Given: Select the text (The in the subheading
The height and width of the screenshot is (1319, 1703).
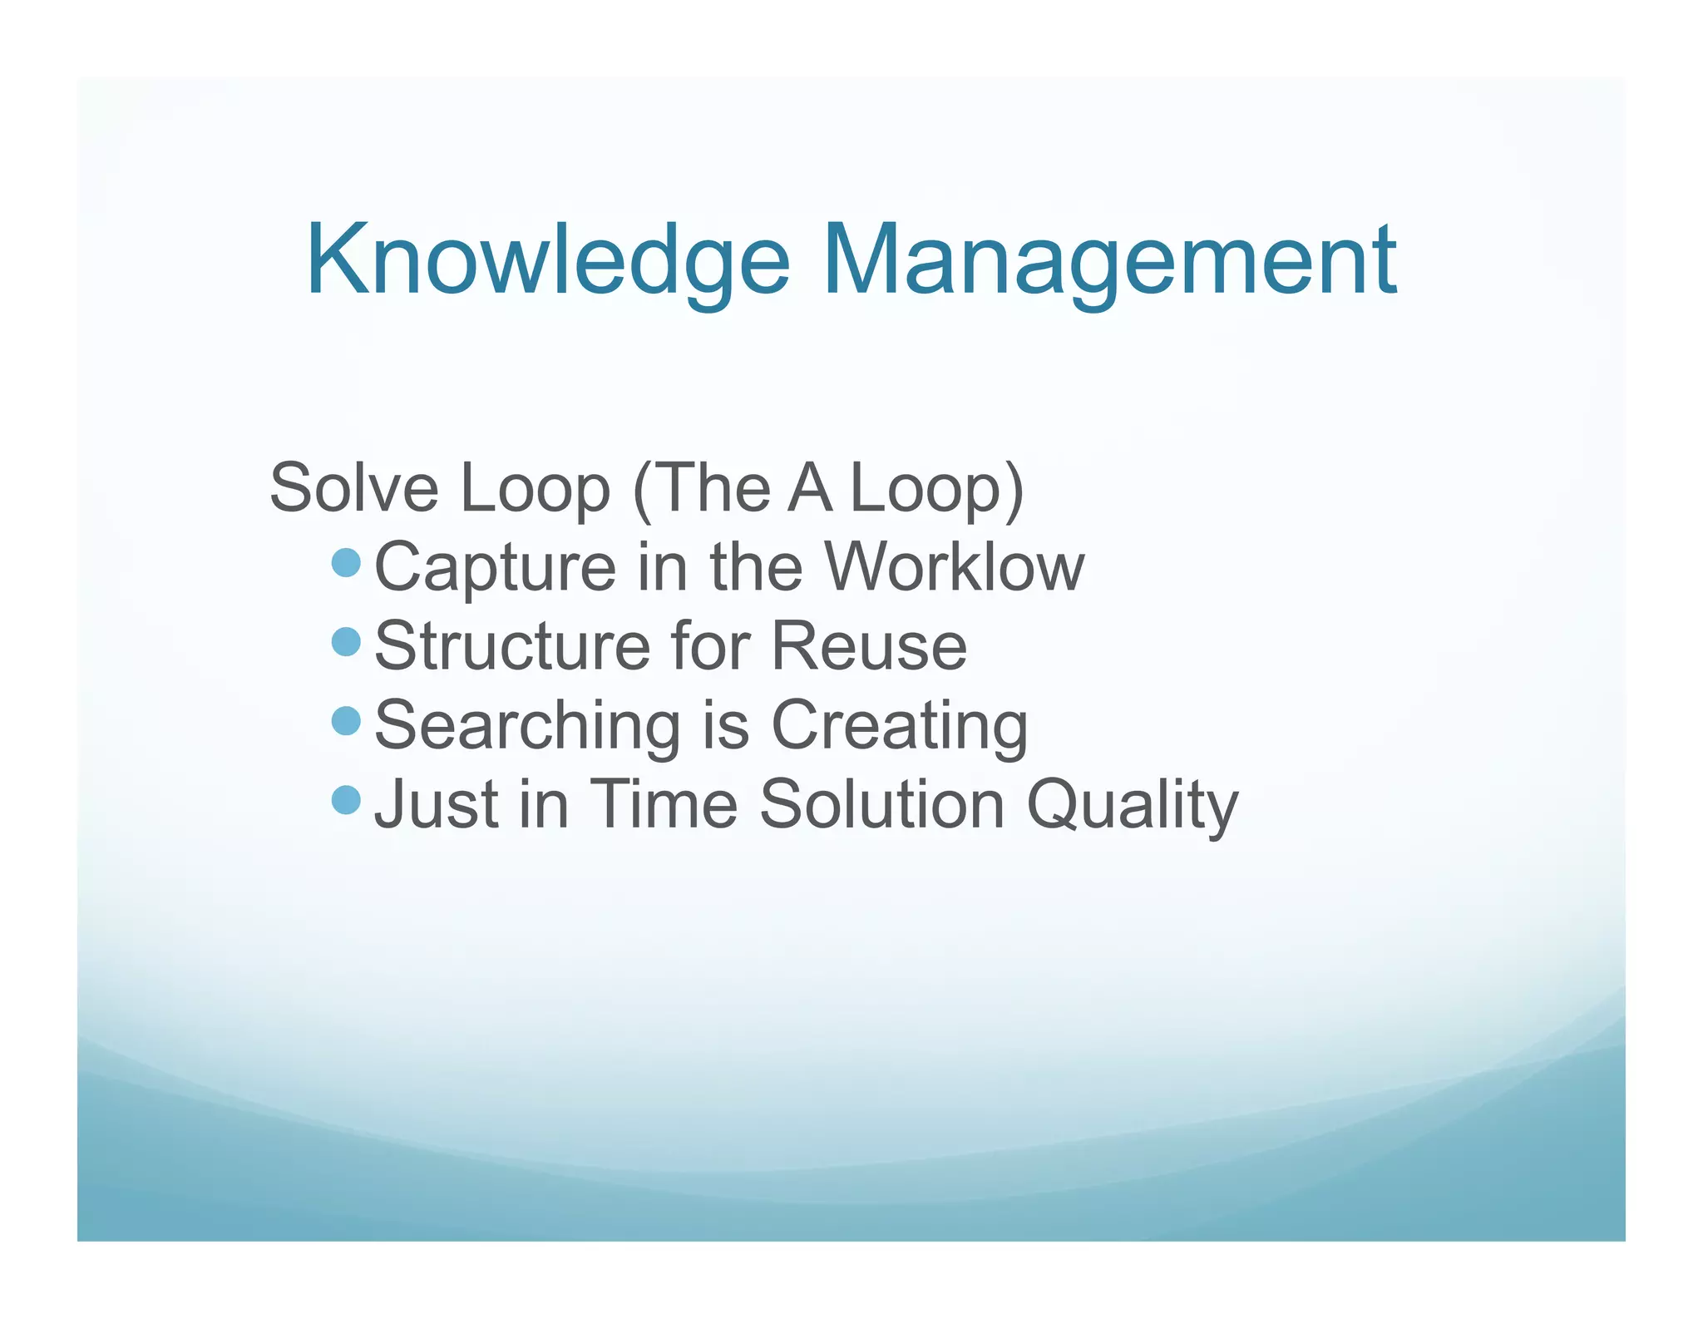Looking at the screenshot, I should click(x=703, y=488).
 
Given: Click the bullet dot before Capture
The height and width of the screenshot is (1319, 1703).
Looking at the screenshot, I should click(x=345, y=563).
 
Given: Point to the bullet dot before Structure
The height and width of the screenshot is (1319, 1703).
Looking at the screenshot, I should click(x=345, y=642).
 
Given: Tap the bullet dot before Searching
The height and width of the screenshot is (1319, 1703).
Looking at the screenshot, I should click(x=345, y=721).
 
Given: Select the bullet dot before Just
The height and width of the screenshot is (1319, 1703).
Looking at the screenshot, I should click(x=345, y=800).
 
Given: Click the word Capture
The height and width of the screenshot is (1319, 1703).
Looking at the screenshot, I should click(x=495, y=567).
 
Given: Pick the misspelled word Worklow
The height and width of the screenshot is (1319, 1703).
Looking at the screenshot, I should click(x=954, y=567).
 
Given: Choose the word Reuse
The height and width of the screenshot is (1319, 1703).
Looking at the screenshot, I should click(x=869, y=646).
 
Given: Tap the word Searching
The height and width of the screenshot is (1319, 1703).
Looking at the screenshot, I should click(x=527, y=725).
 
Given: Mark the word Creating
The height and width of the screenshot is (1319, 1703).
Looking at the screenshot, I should click(x=900, y=725).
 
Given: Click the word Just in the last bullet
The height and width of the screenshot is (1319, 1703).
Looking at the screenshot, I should click(x=437, y=804).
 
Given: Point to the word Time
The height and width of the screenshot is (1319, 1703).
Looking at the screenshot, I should click(x=664, y=804).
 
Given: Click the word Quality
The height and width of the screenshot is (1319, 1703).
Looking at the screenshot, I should click(x=1132, y=804).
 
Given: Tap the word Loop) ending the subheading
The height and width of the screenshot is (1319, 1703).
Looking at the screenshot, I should click(x=937, y=488).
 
